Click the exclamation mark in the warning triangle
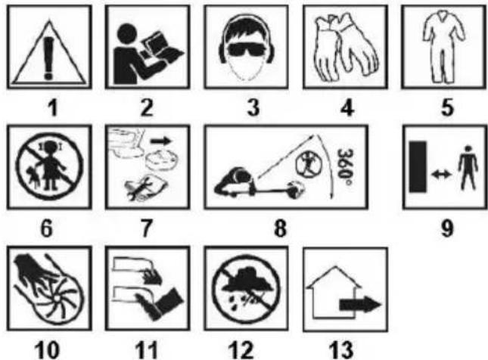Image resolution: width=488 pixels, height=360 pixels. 48,58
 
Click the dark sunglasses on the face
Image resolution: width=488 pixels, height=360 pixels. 247,49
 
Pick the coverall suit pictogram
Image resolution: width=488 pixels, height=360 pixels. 444,46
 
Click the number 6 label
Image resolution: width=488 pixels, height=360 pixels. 46,228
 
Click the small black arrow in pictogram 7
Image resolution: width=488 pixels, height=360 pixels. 161,141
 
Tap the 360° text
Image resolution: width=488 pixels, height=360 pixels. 345,167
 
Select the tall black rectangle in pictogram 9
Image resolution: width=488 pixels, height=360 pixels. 418,166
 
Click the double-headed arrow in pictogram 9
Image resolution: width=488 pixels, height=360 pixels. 442,175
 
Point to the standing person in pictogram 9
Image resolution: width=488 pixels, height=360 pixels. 468,167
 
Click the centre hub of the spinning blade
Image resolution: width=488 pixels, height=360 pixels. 57,299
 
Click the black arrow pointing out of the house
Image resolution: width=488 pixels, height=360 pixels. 360,304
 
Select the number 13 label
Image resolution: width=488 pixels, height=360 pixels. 341,349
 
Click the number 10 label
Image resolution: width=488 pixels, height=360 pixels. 46,349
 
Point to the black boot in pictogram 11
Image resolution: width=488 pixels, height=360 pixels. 161,303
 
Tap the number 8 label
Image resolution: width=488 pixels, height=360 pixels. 280,228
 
